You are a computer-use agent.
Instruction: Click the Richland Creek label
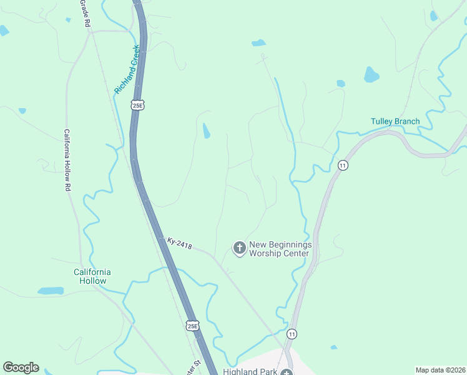pyautogui.click(x=127, y=69)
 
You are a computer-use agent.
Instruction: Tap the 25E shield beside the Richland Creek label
pyautogui.click(x=137, y=106)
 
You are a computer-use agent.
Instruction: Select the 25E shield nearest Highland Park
pyautogui.click(x=193, y=326)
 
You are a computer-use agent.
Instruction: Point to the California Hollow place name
pyautogui.click(x=92, y=276)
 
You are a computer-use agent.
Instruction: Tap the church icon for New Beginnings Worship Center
pyautogui.click(x=238, y=249)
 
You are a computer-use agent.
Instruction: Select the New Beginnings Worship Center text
pyautogui.click(x=279, y=249)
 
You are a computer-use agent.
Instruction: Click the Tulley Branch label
pyautogui.click(x=395, y=121)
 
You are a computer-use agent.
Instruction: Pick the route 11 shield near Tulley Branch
pyautogui.click(x=342, y=165)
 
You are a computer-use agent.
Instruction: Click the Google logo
pyautogui.click(x=21, y=367)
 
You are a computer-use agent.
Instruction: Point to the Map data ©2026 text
pyautogui.click(x=440, y=370)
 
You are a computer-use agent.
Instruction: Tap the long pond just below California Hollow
pyautogui.click(x=51, y=291)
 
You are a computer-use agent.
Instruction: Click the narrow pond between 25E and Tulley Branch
pyautogui.click(x=206, y=131)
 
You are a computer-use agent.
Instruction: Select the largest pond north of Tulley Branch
pyautogui.click(x=371, y=75)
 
